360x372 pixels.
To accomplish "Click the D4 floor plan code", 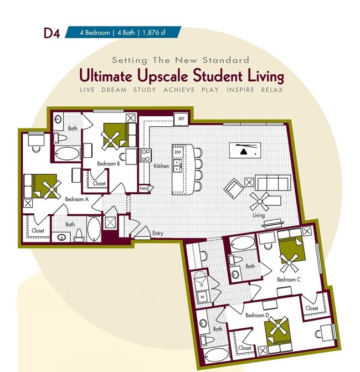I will click(52, 33).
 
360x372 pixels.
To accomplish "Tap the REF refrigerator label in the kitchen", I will click(181, 119).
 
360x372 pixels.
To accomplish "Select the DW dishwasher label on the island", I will click(178, 152).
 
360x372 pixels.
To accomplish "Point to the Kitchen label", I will click(161, 166).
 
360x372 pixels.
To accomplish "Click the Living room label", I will click(259, 215).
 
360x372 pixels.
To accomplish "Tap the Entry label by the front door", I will click(158, 234).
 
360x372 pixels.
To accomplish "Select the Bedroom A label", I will click(76, 199).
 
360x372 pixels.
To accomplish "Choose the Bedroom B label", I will click(109, 164).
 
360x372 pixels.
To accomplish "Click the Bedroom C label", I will click(289, 280).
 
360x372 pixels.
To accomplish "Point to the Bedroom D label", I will click(257, 315).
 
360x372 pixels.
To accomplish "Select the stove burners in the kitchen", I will click(146, 155).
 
